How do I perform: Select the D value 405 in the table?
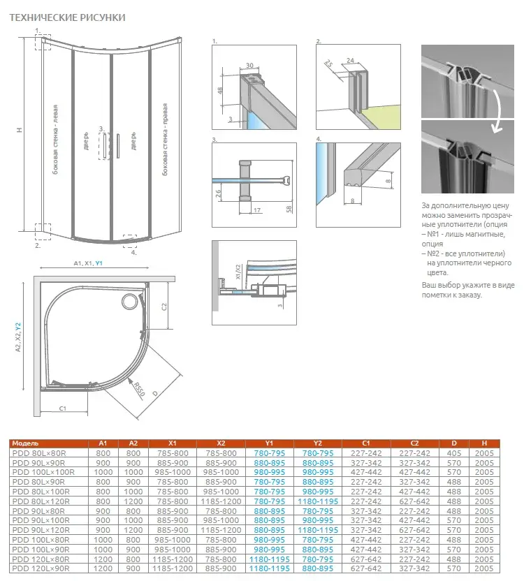click(x=453, y=452)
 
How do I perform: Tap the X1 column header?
click(x=173, y=443)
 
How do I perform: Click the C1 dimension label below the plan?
click(x=62, y=408)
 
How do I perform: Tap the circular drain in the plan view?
click(x=130, y=301)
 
